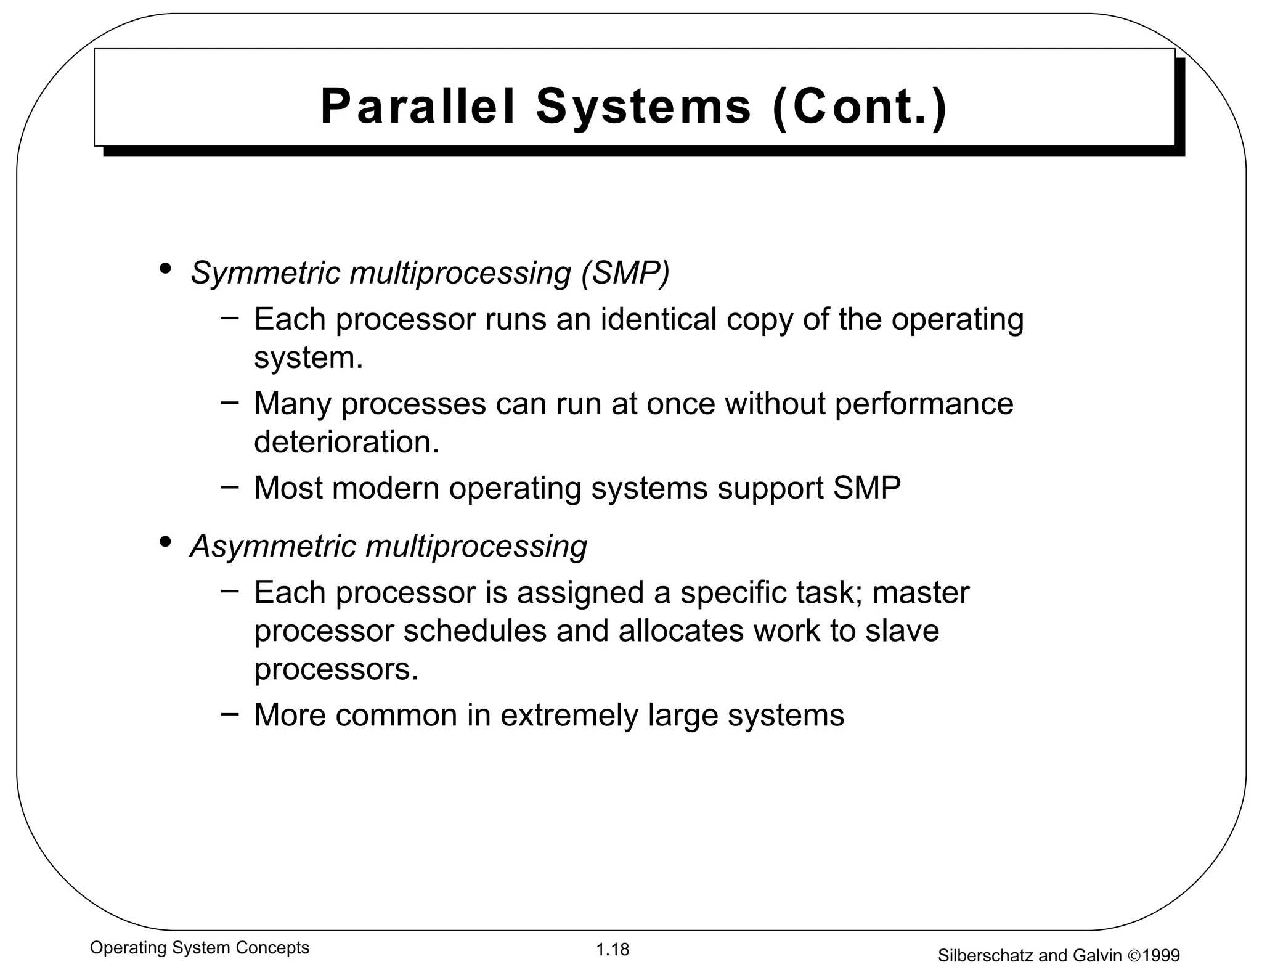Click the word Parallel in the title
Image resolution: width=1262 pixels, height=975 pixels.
tap(417, 107)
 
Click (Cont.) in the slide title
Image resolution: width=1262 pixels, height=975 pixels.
tap(859, 107)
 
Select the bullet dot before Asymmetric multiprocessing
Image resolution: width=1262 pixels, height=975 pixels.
tap(165, 542)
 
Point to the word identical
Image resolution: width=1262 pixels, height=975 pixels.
tap(658, 319)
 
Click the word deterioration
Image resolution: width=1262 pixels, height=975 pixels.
tap(346, 441)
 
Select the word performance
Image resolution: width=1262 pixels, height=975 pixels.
tap(924, 404)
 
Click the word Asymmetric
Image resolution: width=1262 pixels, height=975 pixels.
tap(272, 546)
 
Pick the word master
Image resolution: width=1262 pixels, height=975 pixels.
tap(921, 592)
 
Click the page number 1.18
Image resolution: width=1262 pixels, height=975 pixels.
tap(613, 949)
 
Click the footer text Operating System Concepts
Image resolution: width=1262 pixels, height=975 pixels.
tap(200, 947)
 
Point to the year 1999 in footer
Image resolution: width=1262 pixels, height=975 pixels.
tap(1161, 956)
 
